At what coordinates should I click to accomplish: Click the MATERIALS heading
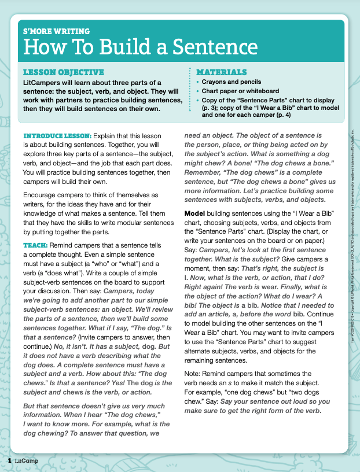221,72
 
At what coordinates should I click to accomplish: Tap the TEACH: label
35,245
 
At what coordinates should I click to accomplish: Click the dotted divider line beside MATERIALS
190,93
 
